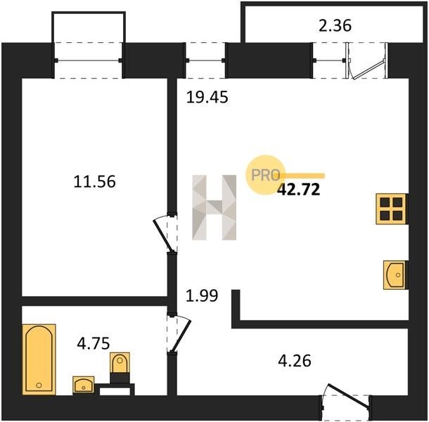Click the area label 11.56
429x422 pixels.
(x=95, y=181)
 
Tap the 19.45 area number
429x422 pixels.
(x=207, y=98)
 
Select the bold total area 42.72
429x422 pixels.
(x=298, y=190)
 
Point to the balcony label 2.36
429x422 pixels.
(x=335, y=26)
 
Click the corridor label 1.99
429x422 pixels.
(x=202, y=295)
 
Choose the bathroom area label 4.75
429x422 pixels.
(x=94, y=343)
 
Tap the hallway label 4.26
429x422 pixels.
(x=295, y=361)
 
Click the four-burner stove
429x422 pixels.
(x=391, y=209)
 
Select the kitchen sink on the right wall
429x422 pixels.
(x=395, y=275)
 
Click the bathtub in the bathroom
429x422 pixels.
(x=39, y=359)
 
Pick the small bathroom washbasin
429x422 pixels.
(x=84, y=385)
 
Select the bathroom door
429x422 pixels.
(x=179, y=334)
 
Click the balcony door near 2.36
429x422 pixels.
(x=367, y=60)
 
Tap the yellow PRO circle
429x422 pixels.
(x=265, y=175)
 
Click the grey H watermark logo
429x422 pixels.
(x=214, y=207)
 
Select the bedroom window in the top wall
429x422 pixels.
(x=89, y=60)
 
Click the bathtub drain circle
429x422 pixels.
(x=39, y=385)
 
